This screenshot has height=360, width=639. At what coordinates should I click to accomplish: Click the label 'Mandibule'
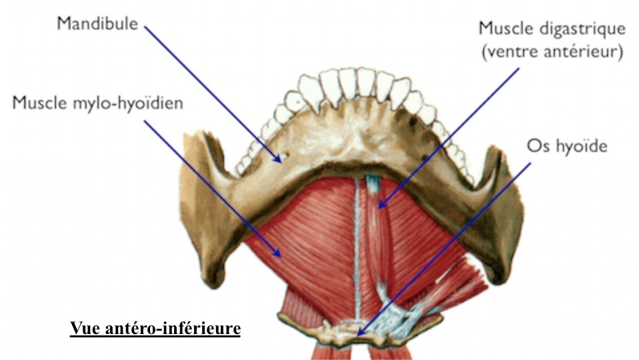point(97,23)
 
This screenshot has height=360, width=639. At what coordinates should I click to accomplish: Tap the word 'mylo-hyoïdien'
point(127,103)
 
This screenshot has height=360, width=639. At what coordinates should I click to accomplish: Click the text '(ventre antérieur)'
point(552,52)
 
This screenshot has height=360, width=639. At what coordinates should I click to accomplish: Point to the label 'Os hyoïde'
point(567,146)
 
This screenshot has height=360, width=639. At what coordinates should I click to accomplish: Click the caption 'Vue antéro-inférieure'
point(155,328)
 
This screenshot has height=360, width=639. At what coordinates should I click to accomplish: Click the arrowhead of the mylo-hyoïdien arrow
point(277,253)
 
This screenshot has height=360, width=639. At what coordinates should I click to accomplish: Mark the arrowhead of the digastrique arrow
point(382,204)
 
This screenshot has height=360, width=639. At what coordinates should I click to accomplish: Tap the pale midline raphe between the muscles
point(358,249)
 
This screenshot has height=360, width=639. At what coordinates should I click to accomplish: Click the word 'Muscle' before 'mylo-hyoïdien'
point(39,103)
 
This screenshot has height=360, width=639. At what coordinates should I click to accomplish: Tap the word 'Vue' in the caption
point(84,328)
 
